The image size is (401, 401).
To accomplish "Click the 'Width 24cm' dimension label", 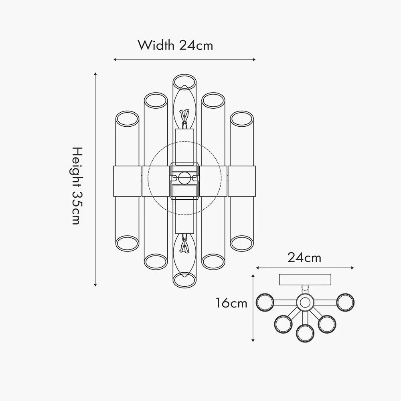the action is [x=176, y=45].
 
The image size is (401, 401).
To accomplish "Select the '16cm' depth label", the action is [x=231, y=303].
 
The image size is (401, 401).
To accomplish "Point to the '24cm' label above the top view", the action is [x=304, y=257].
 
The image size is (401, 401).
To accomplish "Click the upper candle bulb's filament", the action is [x=184, y=116].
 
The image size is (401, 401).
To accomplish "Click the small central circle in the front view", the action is [x=184, y=178].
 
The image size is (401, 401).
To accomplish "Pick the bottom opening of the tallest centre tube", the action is [x=184, y=280].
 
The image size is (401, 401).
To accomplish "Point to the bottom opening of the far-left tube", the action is [x=128, y=243].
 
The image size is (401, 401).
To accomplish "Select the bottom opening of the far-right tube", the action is [x=242, y=243].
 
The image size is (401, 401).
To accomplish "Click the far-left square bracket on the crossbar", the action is [x=127, y=181].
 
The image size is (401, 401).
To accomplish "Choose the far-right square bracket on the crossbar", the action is [x=242, y=181].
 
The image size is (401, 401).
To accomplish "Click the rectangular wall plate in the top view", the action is [x=305, y=279].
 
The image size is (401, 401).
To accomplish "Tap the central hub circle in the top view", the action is [x=305, y=303].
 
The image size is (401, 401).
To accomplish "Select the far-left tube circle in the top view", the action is [x=265, y=302].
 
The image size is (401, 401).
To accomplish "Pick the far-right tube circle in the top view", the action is [x=345, y=302].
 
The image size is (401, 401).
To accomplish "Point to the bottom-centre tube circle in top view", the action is [x=305, y=334].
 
